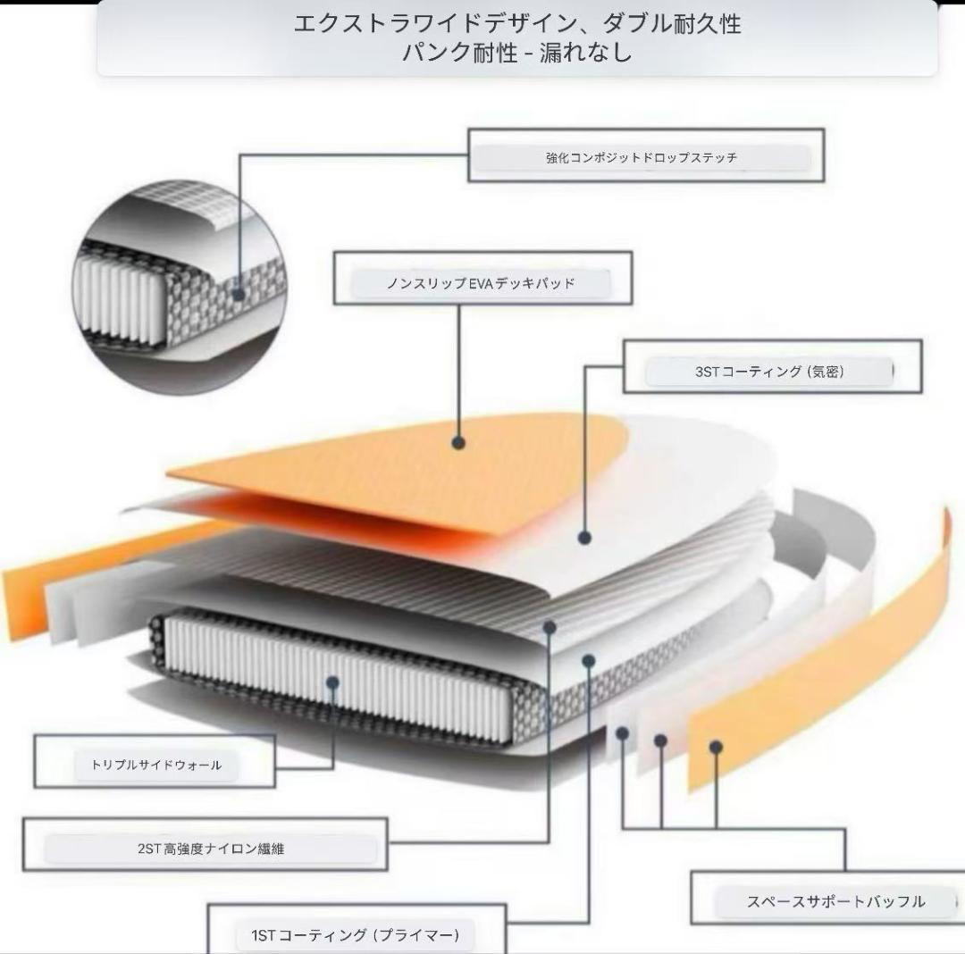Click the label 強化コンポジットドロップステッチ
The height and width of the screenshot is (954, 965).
(x=642, y=157)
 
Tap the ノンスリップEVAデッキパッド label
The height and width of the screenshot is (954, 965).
(x=481, y=283)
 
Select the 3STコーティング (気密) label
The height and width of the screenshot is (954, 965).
(x=769, y=372)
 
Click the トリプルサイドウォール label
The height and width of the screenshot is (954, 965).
(x=156, y=766)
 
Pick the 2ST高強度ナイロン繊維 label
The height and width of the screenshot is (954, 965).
(x=211, y=849)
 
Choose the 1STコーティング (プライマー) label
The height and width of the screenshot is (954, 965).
(x=356, y=935)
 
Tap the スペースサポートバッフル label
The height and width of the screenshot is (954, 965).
(x=835, y=901)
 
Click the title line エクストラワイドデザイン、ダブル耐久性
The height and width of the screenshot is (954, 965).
(x=517, y=24)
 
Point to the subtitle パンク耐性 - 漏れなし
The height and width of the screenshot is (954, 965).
(x=517, y=52)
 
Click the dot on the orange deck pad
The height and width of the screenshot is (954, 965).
(x=457, y=442)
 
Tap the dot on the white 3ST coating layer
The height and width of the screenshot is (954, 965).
(x=584, y=538)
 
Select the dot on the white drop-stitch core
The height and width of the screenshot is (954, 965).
(x=333, y=682)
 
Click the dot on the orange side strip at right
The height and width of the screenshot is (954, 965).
(x=716, y=748)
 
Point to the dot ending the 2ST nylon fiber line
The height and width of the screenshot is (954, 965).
(x=550, y=627)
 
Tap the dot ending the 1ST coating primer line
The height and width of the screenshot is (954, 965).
(x=589, y=661)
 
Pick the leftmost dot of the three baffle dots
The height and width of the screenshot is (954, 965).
(x=622, y=733)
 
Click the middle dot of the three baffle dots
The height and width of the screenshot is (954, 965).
(x=661, y=741)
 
